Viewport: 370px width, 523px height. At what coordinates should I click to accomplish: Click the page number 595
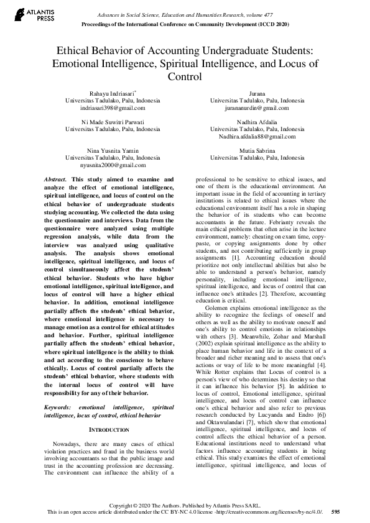tap(336, 512)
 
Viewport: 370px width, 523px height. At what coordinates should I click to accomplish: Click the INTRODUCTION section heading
tap(109, 412)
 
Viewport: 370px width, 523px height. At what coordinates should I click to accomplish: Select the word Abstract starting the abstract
tap(55, 179)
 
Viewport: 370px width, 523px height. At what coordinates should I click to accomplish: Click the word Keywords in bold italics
tap(59, 389)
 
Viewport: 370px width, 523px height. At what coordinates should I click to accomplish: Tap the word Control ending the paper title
tap(185, 77)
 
